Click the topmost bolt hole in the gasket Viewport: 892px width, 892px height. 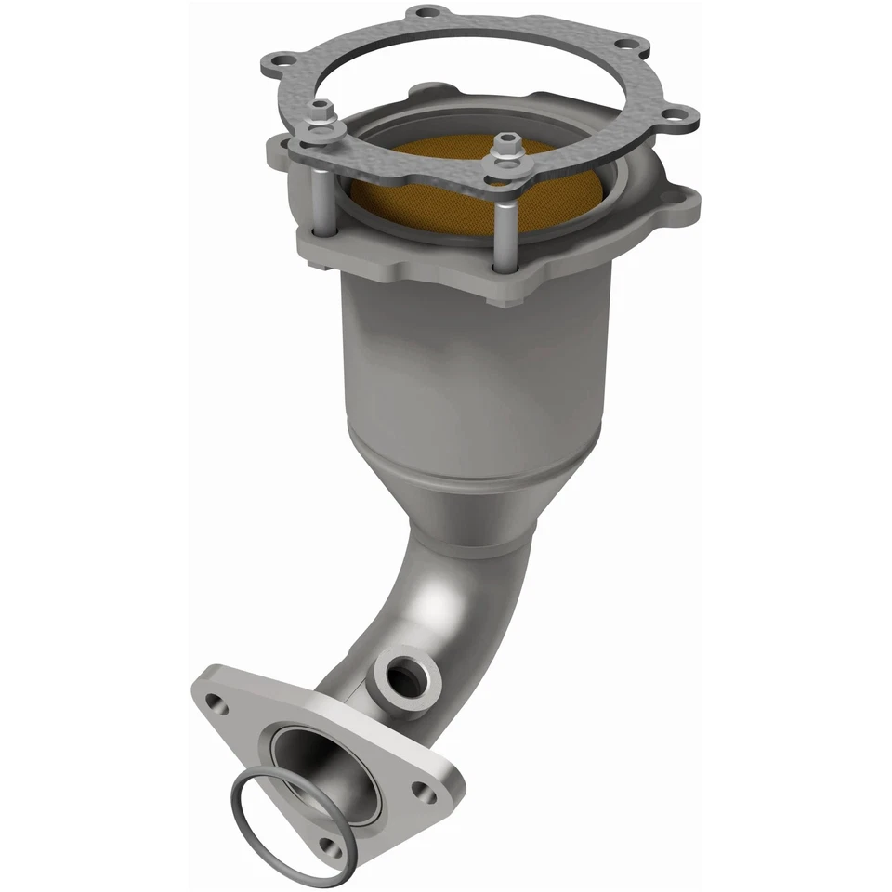coord(426,13)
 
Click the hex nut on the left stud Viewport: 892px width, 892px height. coord(320,111)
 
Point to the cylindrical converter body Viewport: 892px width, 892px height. coord(474,372)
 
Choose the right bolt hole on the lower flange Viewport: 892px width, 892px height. coord(426,792)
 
